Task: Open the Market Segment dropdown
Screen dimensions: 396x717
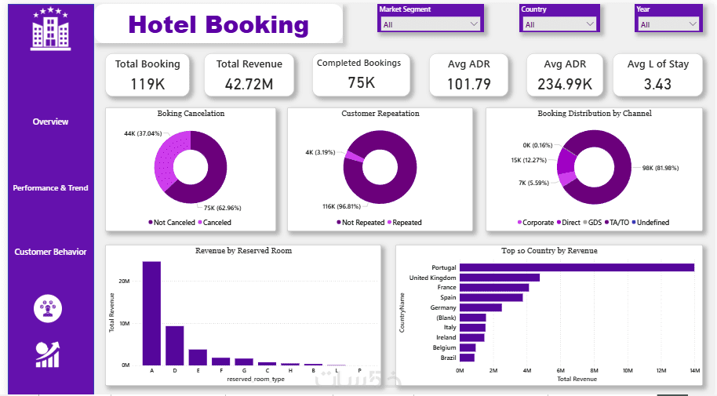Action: click(x=431, y=24)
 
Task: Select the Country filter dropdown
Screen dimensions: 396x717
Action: click(x=560, y=24)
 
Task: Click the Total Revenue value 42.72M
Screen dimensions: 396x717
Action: click(x=249, y=83)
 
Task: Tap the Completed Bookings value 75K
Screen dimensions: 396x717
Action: click(x=361, y=82)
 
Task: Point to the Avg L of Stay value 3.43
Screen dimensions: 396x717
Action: click(x=657, y=83)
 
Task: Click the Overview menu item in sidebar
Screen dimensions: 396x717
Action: click(x=50, y=122)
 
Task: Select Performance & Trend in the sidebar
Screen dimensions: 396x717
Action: click(x=50, y=188)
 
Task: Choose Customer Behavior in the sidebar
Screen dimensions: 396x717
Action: click(x=50, y=252)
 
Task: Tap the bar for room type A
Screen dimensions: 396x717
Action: click(x=151, y=313)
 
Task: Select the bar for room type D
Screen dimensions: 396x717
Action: click(x=175, y=345)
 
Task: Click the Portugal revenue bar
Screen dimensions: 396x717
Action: click(x=577, y=267)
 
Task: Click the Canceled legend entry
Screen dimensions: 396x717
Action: click(x=216, y=223)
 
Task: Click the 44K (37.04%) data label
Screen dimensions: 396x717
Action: click(x=140, y=133)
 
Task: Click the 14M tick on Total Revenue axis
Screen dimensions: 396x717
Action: click(x=693, y=370)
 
